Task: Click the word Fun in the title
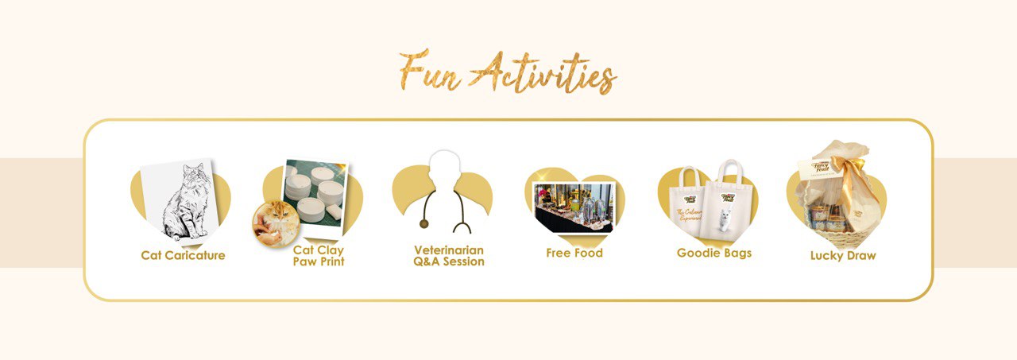tap(428, 72)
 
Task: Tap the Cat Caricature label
tap(183, 256)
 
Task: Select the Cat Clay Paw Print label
tap(319, 255)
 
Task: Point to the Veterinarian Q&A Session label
tap(449, 255)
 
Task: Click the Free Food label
tap(574, 254)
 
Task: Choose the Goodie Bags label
tap(713, 254)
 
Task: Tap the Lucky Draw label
tap(843, 256)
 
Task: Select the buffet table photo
tap(574, 207)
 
